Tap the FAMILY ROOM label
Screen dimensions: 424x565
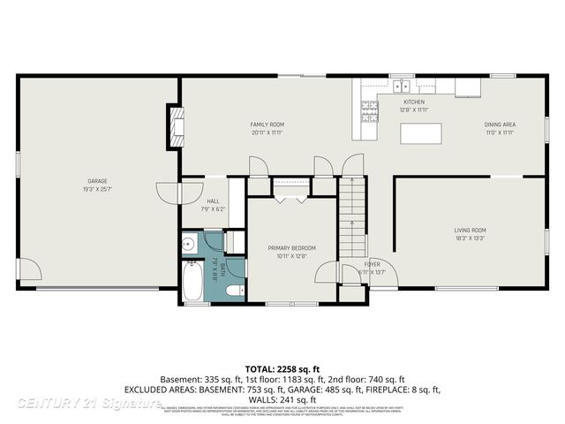(x=267, y=125)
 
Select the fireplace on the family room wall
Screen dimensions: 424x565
(x=178, y=125)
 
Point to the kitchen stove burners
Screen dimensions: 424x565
(x=368, y=111)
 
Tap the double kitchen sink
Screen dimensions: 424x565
(x=402, y=87)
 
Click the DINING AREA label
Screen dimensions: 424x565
(x=500, y=125)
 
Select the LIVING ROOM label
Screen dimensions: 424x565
(x=471, y=231)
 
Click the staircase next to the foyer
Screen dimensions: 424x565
(x=352, y=216)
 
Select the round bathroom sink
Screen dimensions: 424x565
(x=189, y=245)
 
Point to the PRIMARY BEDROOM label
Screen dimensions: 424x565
(x=291, y=248)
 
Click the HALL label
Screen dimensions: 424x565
(x=215, y=201)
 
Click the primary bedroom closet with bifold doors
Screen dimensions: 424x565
(x=290, y=187)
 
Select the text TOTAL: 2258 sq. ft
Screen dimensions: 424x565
(x=282, y=367)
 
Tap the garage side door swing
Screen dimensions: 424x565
(x=27, y=269)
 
